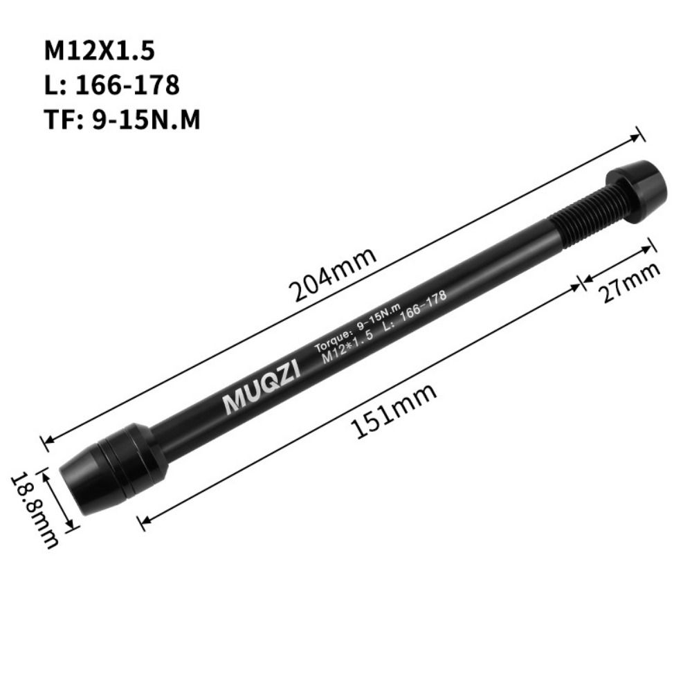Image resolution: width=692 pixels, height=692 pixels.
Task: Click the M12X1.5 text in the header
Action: click(x=100, y=51)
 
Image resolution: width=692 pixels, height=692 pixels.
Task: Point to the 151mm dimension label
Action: click(x=395, y=411)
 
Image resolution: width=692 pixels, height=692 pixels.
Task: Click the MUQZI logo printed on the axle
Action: click(x=261, y=390)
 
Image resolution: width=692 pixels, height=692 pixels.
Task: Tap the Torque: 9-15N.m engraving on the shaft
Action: click(x=349, y=329)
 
